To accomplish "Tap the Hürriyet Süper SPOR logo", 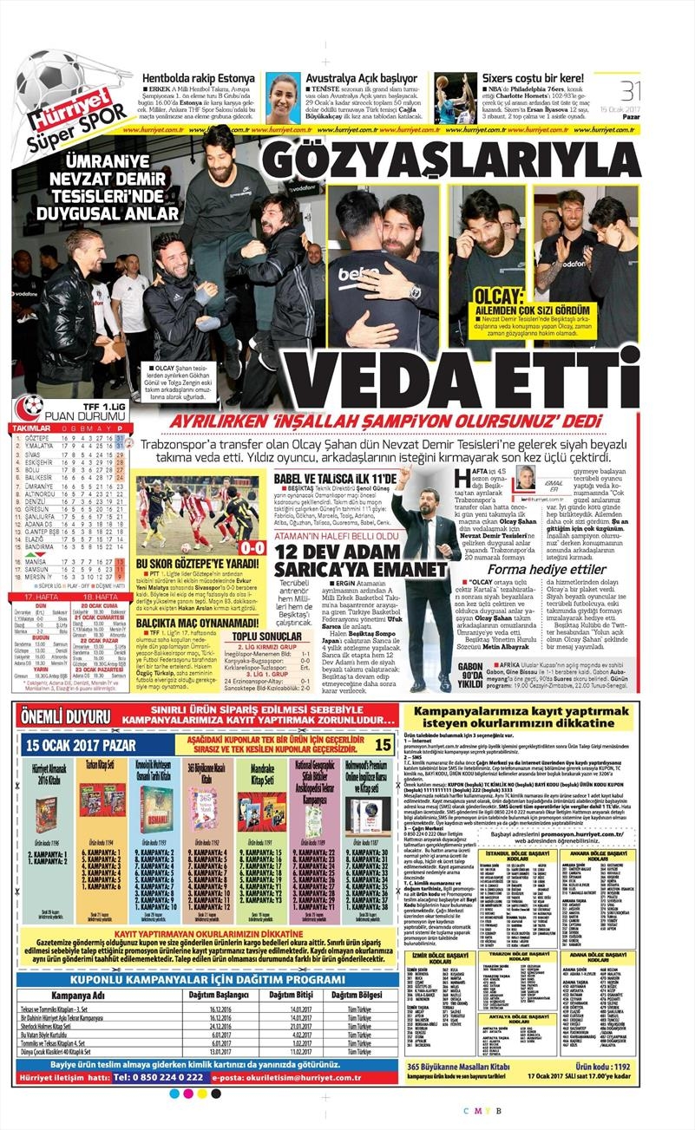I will pos(64,121).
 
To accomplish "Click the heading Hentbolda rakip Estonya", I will pos(200,78).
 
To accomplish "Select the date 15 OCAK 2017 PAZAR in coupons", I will pos(74,745).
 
